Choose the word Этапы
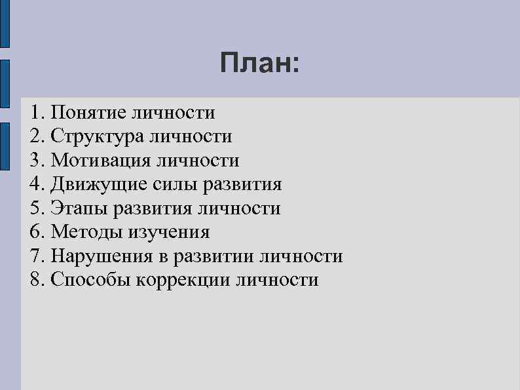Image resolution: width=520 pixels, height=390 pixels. click(79, 208)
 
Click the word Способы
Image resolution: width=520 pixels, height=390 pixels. click(91, 281)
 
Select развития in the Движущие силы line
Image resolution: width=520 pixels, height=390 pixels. click(242, 185)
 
